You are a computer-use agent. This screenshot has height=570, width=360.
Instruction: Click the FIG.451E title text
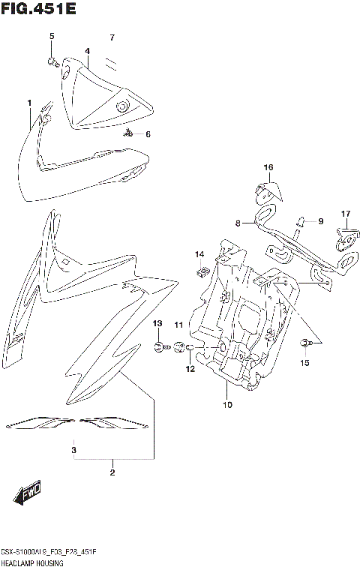(38, 10)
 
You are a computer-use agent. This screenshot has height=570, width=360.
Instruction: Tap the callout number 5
(52, 37)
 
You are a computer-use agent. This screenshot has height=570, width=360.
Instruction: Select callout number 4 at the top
(88, 51)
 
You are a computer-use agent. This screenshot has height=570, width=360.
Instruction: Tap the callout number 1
(29, 103)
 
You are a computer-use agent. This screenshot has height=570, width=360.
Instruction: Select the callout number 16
(268, 167)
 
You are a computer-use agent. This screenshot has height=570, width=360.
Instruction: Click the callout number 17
(346, 214)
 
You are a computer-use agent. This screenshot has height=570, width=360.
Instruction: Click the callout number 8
(236, 223)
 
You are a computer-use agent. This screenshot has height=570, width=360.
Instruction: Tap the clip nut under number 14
(201, 269)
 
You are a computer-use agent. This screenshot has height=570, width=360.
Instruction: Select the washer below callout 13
(159, 346)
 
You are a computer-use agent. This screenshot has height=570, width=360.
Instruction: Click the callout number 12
(190, 369)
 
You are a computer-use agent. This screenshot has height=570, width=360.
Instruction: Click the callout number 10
(227, 405)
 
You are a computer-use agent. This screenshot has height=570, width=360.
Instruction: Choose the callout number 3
(73, 450)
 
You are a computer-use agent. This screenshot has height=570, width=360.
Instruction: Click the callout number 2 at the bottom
(112, 472)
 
